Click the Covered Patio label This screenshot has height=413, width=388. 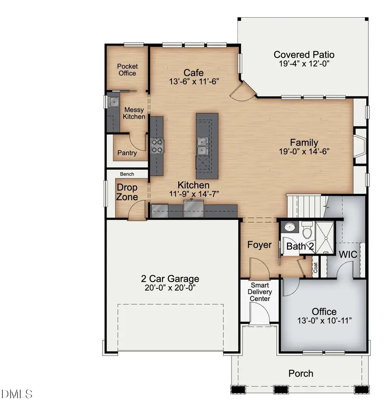click(x=304, y=55)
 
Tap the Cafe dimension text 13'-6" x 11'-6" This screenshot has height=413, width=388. click(x=193, y=81)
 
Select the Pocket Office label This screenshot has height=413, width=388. click(x=127, y=69)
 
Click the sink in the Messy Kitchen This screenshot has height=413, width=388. click(x=114, y=102)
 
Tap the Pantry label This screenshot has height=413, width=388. click(x=127, y=153)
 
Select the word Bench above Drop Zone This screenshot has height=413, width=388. click(x=127, y=174)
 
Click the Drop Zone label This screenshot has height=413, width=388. click(x=127, y=192)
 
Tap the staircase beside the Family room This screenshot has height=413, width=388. click(x=306, y=206)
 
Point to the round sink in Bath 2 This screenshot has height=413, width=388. click(x=288, y=228)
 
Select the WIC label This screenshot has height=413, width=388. click(x=347, y=254)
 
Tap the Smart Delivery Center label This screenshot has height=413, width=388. click(x=260, y=292)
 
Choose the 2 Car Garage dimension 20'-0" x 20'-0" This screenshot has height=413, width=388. click(x=170, y=288)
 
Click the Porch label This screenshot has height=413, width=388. click(x=300, y=373)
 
